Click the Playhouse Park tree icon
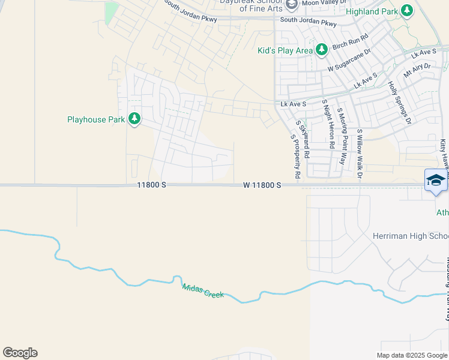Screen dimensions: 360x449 (x=134, y=119)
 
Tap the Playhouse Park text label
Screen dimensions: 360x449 (x=96, y=119)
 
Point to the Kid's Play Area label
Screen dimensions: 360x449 (x=285, y=50)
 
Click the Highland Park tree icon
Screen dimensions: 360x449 (x=407, y=11)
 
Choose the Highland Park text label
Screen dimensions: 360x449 (x=372, y=11)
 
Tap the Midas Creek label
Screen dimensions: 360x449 (x=203, y=291)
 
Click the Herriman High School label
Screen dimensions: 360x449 (x=411, y=236)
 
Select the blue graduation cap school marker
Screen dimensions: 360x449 (x=436, y=181)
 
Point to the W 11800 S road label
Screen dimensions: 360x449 (x=262, y=185)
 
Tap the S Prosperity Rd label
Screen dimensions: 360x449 (x=295, y=157)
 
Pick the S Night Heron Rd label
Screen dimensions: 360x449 (x=328, y=124)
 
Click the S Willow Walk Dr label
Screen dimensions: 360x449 (x=360, y=154)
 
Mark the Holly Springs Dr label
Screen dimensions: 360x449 (x=399, y=103)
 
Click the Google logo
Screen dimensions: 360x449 (x=20, y=353)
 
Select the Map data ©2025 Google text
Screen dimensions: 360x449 (x=411, y=355)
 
